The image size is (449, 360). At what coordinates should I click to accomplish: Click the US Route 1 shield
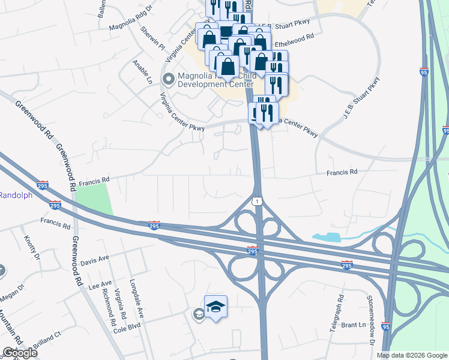pos(257,202)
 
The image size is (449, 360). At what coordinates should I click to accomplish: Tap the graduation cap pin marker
pos(215,308)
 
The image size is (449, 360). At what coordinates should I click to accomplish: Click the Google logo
pos(20,353)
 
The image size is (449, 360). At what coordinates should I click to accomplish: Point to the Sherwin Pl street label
pos(152,38)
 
